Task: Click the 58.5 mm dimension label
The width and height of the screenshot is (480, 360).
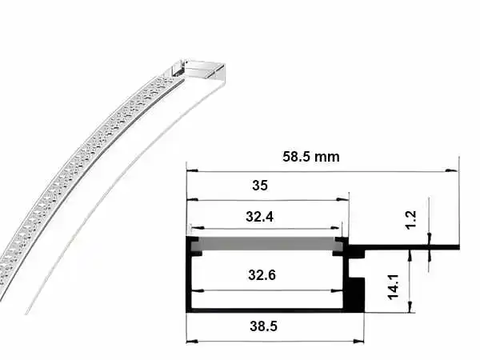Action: click(310, 157)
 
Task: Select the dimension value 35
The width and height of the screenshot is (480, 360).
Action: click(260, 186)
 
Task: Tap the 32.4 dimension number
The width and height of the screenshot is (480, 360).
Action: click(259, 217)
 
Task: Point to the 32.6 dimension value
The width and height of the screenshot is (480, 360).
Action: click(262, 275)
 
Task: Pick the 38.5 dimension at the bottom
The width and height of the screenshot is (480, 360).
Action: click(263, 326)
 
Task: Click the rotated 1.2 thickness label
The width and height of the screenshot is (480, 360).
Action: click(411, 219)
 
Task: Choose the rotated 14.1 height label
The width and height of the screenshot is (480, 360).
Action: click(393, 287)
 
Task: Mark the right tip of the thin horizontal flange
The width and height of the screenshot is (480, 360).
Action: click(459, 247)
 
